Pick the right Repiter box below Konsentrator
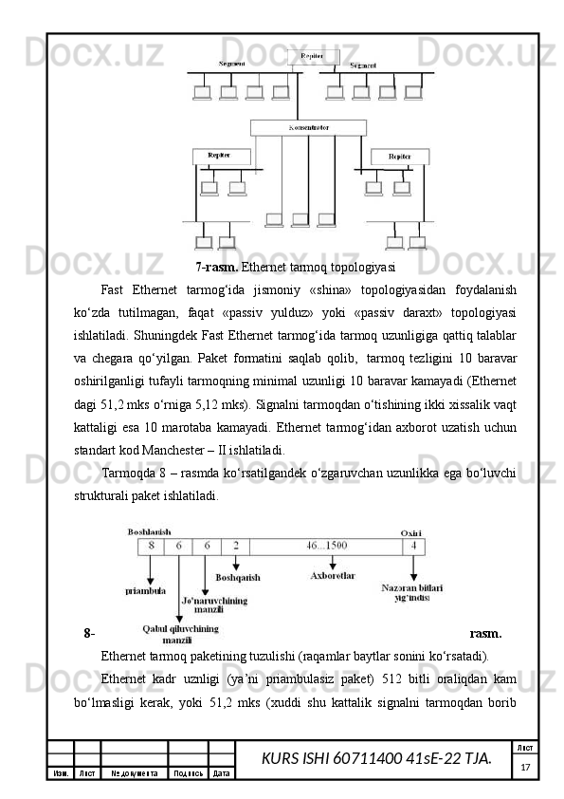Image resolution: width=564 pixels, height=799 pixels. point(400,156)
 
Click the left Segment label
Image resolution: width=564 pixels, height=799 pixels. point(233,64)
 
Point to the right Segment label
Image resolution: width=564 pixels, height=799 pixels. point(363,65)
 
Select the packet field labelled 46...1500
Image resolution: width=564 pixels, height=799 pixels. point(326,546)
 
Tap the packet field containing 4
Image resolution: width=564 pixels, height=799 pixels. point(413,546)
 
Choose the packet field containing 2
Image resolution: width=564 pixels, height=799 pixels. point(236,546)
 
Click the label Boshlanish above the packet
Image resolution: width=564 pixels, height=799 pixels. point(149,531)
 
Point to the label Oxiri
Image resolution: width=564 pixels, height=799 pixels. point(411,531)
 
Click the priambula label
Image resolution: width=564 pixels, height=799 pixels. point(146,589)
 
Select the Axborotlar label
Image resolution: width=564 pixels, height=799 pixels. point(333,576)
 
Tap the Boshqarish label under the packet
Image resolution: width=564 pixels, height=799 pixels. point(238,576)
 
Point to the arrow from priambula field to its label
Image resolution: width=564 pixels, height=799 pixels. point(151,567)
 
